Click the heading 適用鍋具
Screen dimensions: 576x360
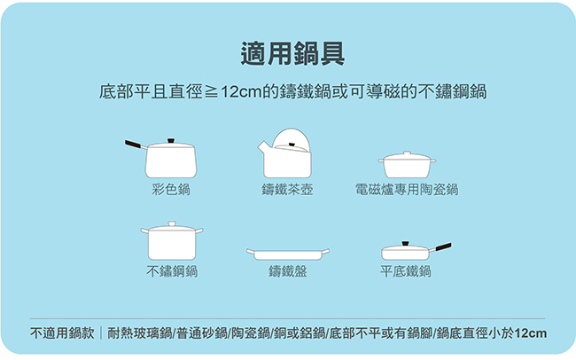(292, 54)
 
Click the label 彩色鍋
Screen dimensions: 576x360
(171, 190)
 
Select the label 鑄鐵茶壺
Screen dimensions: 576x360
(287, 190)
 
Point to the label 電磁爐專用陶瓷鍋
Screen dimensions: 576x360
(407, 190)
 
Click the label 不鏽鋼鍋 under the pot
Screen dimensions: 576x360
(172, 271)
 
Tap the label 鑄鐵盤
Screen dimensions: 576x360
(288, 271)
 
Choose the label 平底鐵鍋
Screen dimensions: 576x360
(406, 271)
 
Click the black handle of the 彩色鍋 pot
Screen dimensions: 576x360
(133, 145)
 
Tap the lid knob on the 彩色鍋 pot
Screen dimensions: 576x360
(170, 141)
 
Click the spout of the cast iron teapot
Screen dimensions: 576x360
(262, 148)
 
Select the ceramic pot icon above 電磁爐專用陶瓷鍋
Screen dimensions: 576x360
(407, 164)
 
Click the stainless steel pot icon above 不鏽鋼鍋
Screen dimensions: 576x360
(172, 241)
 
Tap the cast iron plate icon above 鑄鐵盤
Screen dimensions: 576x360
(288, 254)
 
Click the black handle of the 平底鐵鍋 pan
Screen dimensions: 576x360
(443, 247)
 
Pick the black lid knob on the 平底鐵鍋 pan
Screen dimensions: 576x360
(406, 244)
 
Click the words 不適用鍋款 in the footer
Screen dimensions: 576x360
(62, 333)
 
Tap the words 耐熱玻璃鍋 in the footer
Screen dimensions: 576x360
(140, 333)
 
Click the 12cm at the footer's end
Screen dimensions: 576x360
(531, 333)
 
